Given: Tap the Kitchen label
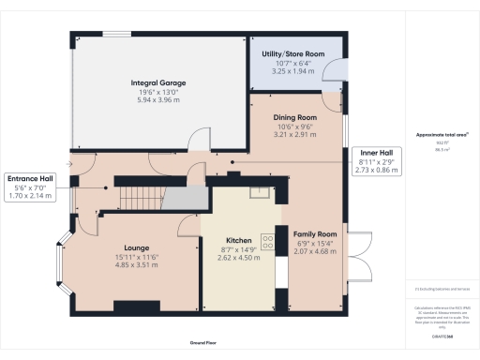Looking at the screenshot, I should [236, 239].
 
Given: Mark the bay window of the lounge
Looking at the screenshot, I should [61, 260].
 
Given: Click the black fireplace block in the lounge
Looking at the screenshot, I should [129, 306].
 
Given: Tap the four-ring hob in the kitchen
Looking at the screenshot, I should [267, 241].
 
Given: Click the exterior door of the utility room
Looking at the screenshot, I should [334, 70].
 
